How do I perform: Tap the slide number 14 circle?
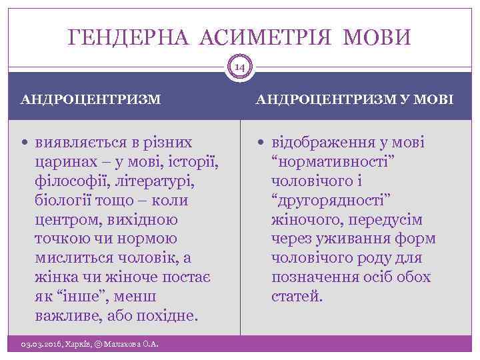click(240, 67)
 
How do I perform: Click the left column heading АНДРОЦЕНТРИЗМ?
click(91, 99)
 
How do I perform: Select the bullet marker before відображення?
click(262, 143)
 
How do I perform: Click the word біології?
click(65, 200)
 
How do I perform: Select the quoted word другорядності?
click(331, 201)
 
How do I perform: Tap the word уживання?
click(361, 239)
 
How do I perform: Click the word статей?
click(297, 296)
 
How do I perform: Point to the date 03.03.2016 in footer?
click(41, 344)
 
